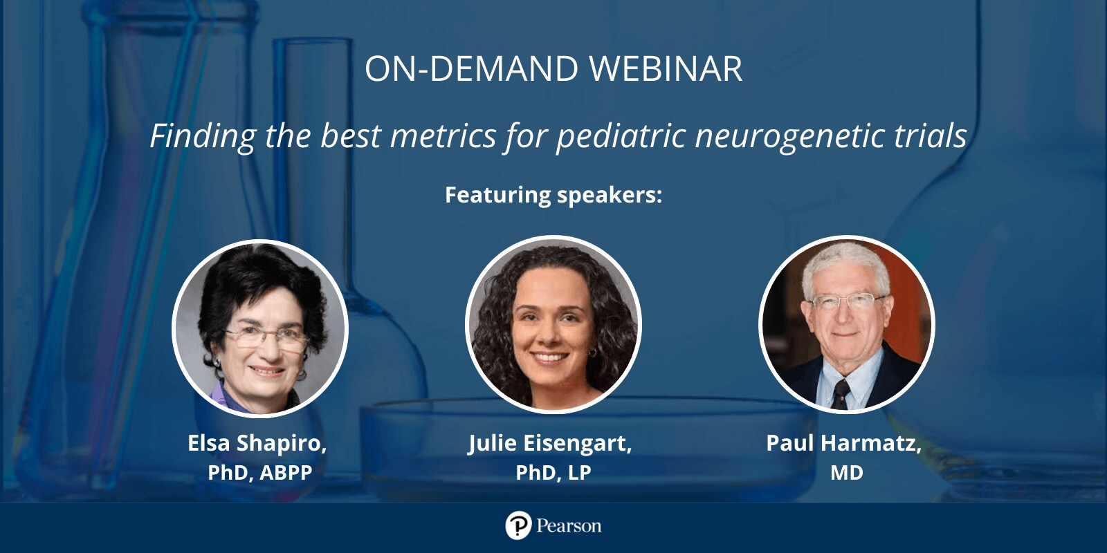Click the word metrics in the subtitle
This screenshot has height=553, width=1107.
pos(443,135)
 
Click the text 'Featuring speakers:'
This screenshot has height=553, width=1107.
pos(553,194)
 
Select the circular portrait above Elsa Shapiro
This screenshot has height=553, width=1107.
pos(260,328)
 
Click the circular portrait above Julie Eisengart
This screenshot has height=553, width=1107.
pos(553,324)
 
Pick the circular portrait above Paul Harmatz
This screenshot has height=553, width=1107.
pos(847,324)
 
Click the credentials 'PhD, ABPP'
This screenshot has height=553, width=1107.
pos(260,473)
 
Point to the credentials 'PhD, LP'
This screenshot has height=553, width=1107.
pos(553,473)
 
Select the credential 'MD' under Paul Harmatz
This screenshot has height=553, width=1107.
pos(847,473)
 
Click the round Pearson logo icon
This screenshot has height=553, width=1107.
pos(518,525)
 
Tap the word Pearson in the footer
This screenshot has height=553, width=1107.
pos(569,526)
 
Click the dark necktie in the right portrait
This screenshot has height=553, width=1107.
pos(841,393)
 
